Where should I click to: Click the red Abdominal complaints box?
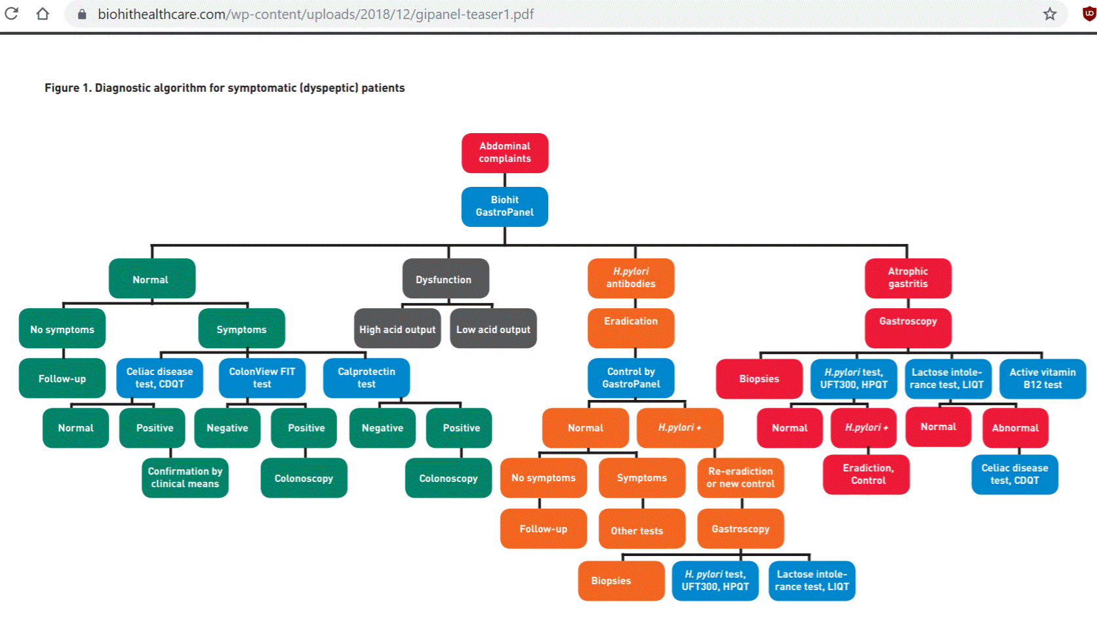[504, 153]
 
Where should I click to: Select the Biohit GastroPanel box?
[504, 207]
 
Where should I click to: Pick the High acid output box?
[397, 329]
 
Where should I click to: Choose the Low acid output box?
[493, 329]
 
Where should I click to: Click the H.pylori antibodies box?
[631, 278]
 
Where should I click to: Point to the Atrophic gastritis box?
[908, 278]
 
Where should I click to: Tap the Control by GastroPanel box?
[631, 378]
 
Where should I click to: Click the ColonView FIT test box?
[262, 378]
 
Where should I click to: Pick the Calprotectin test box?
[366, 378]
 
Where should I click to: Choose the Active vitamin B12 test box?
[1042, 378]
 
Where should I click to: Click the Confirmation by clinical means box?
[185, 477]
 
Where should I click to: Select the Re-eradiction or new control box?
[740, 477]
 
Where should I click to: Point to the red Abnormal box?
[1015, 428]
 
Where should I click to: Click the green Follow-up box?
[62, 378]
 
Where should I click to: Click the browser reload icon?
[12, 14]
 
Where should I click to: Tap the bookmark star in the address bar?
[1050, 14]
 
